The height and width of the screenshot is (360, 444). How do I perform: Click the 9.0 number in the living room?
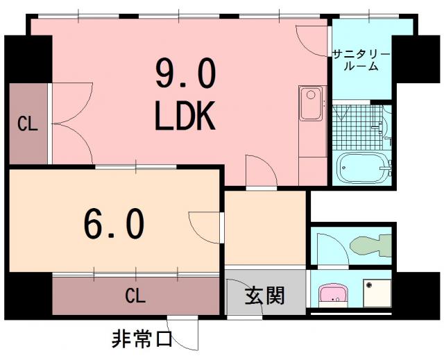pyautogui.click(x=185, y=73)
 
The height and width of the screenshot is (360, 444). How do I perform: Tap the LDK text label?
pyautogui.click(x=185, y=115)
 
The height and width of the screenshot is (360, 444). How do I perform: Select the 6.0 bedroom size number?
pyautogui.click(x=114, y=223)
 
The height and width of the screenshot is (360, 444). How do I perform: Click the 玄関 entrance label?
pyautogui.click(x=264, y=295)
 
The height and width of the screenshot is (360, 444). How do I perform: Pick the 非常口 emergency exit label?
pyautogui.click(x=142, y=338)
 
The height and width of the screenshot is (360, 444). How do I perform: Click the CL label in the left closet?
pyautogui.click(x=28, y=123)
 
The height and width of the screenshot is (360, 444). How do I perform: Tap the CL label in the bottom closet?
pyautogui.click(x=135, y=295)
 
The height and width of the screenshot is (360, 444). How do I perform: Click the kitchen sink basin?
pyautogui.click(x=311, y=103)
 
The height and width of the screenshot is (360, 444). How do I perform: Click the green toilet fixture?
pyautogui.click(x=370, y=245)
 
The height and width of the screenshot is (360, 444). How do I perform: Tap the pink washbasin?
pyautogui.click(x=333, y=295)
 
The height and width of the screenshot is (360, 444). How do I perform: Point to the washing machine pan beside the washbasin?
pyautogui.click(x=377, y=293)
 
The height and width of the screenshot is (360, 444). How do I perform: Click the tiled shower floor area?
pyautogui.click(x=357, y=128)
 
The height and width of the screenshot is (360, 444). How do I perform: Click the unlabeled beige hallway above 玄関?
pyautogui.click(x=265, y=228)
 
